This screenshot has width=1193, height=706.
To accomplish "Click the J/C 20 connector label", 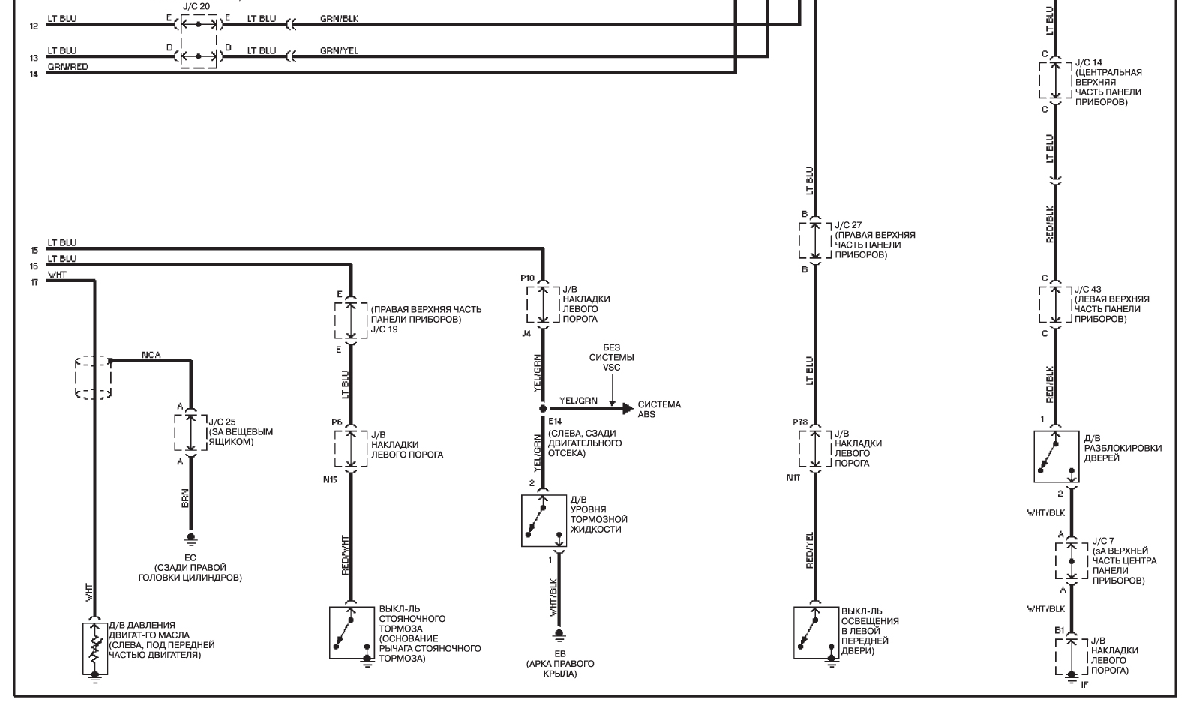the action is (x=196, y=7).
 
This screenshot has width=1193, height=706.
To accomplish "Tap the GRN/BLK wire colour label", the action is (x=339, y=19).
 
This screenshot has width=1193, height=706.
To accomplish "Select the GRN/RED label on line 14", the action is (x=67, y=67).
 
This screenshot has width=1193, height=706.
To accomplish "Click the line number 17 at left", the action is (x=34, y=282).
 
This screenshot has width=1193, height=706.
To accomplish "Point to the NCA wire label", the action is (x=151, y=356).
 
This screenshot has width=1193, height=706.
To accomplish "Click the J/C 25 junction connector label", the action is (x=222, y=422).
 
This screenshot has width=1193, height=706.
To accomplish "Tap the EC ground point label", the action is (x=190, y=558).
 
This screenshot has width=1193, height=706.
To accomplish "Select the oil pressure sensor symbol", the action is (x=94, y=648).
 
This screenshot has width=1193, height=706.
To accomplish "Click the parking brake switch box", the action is (x=352, y=632).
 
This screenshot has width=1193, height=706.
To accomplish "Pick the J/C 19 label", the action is (x=385, y=329).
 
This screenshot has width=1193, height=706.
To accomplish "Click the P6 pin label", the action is (x=337, y=422).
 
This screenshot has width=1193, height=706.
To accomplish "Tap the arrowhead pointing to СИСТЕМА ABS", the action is (x=628, y=409).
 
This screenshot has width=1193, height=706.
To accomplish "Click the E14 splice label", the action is (x=555, y=422).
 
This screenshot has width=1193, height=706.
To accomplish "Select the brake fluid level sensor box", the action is (x=544, y=521).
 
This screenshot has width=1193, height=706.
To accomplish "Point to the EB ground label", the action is (x=560, y=653).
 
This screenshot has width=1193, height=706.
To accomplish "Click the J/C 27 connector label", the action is (x=848, y=225).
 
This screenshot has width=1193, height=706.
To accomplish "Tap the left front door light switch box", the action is (x=816, y=632).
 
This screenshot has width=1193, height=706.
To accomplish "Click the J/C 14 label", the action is (x=1089, y=62).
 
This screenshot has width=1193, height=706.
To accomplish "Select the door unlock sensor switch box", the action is (x=1057, y=457).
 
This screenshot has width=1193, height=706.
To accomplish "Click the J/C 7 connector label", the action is (x=1103, y=541).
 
